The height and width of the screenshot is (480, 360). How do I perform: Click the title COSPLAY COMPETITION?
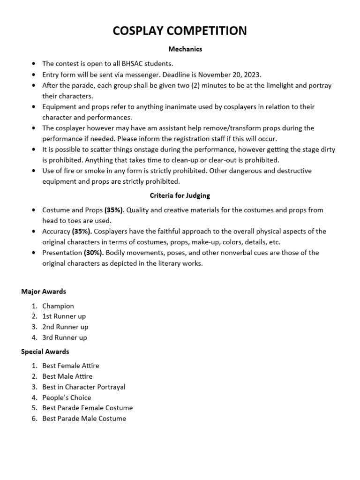coord(180,31)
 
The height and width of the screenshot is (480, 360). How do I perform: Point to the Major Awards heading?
coord(44,292)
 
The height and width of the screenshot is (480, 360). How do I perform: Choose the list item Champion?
coord(58,306)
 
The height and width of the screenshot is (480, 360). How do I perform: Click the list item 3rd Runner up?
coord(65,337)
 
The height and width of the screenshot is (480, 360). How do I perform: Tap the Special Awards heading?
coord(45,352)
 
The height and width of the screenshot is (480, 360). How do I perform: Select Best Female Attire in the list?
coord(71,366)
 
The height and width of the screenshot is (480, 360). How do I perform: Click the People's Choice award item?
coord(67,397)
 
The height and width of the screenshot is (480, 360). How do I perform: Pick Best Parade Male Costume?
coord(84,419)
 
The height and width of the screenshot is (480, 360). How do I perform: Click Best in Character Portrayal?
coord(84,387)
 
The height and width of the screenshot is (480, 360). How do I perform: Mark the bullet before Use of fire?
coord(34,171)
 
